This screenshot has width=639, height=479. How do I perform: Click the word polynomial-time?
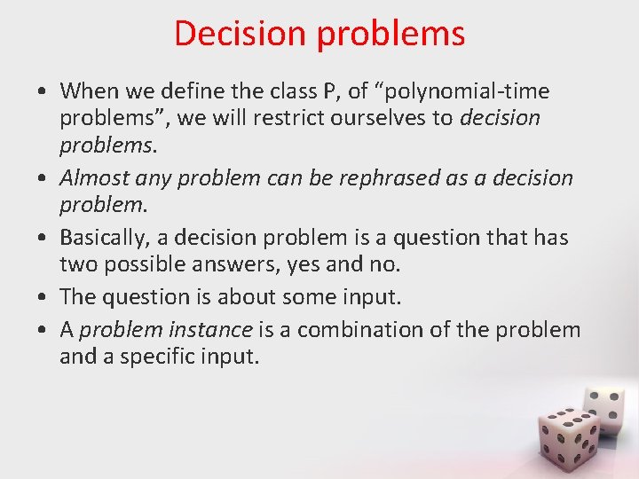pos(449,91)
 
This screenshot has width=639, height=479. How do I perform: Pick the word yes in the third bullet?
pos(316,264)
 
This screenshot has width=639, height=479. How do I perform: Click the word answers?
pos(244,264)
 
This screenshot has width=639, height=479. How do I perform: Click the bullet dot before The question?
pos(43,298)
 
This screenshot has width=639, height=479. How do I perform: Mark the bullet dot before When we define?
pos(43,92)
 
